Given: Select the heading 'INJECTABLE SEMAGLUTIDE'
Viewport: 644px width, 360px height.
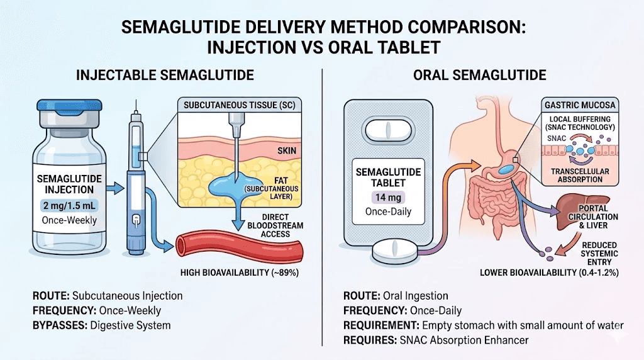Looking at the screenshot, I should pyautogui.click(x=165, y=75).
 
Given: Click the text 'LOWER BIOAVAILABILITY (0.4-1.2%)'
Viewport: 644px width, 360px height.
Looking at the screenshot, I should pyautogui.click(x=555, y=273).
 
